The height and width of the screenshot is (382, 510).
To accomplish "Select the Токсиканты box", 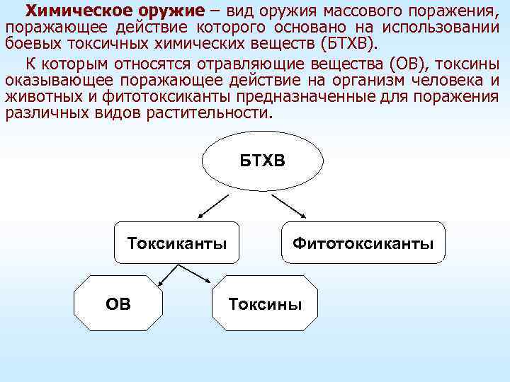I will coord(177,244).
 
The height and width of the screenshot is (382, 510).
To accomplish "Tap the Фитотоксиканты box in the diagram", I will coord(363,244).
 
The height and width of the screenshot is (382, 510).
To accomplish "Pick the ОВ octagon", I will coord(118,304).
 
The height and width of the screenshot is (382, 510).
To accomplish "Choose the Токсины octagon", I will coord(265,304).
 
